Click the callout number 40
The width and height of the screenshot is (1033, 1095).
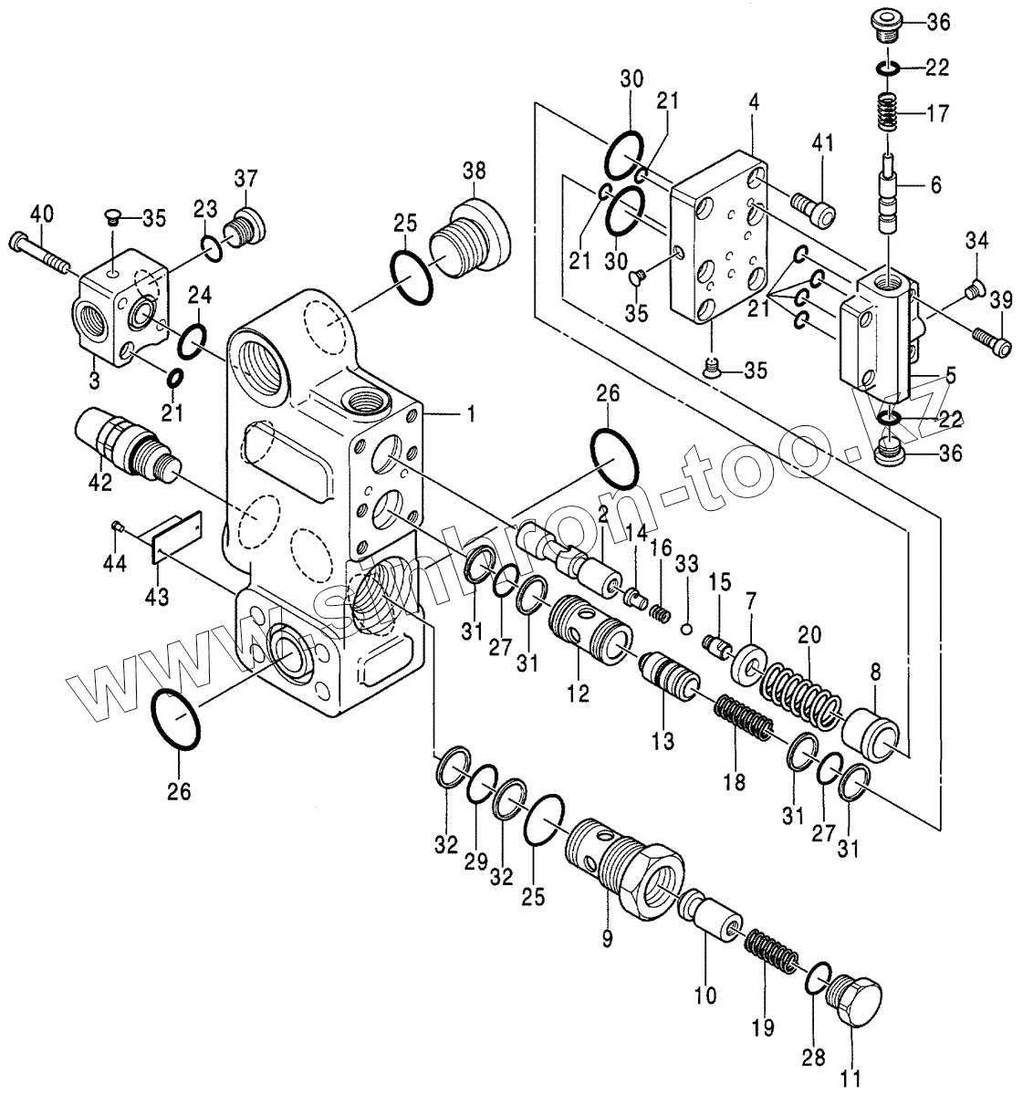point(42,214)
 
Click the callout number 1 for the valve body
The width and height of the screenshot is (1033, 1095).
point(471,414)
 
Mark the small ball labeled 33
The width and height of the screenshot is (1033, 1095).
point(688,628)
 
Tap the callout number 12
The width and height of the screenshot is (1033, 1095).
point(577,693)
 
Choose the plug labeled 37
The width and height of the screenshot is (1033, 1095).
point(245,226)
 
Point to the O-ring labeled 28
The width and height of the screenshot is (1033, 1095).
point(819,976)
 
